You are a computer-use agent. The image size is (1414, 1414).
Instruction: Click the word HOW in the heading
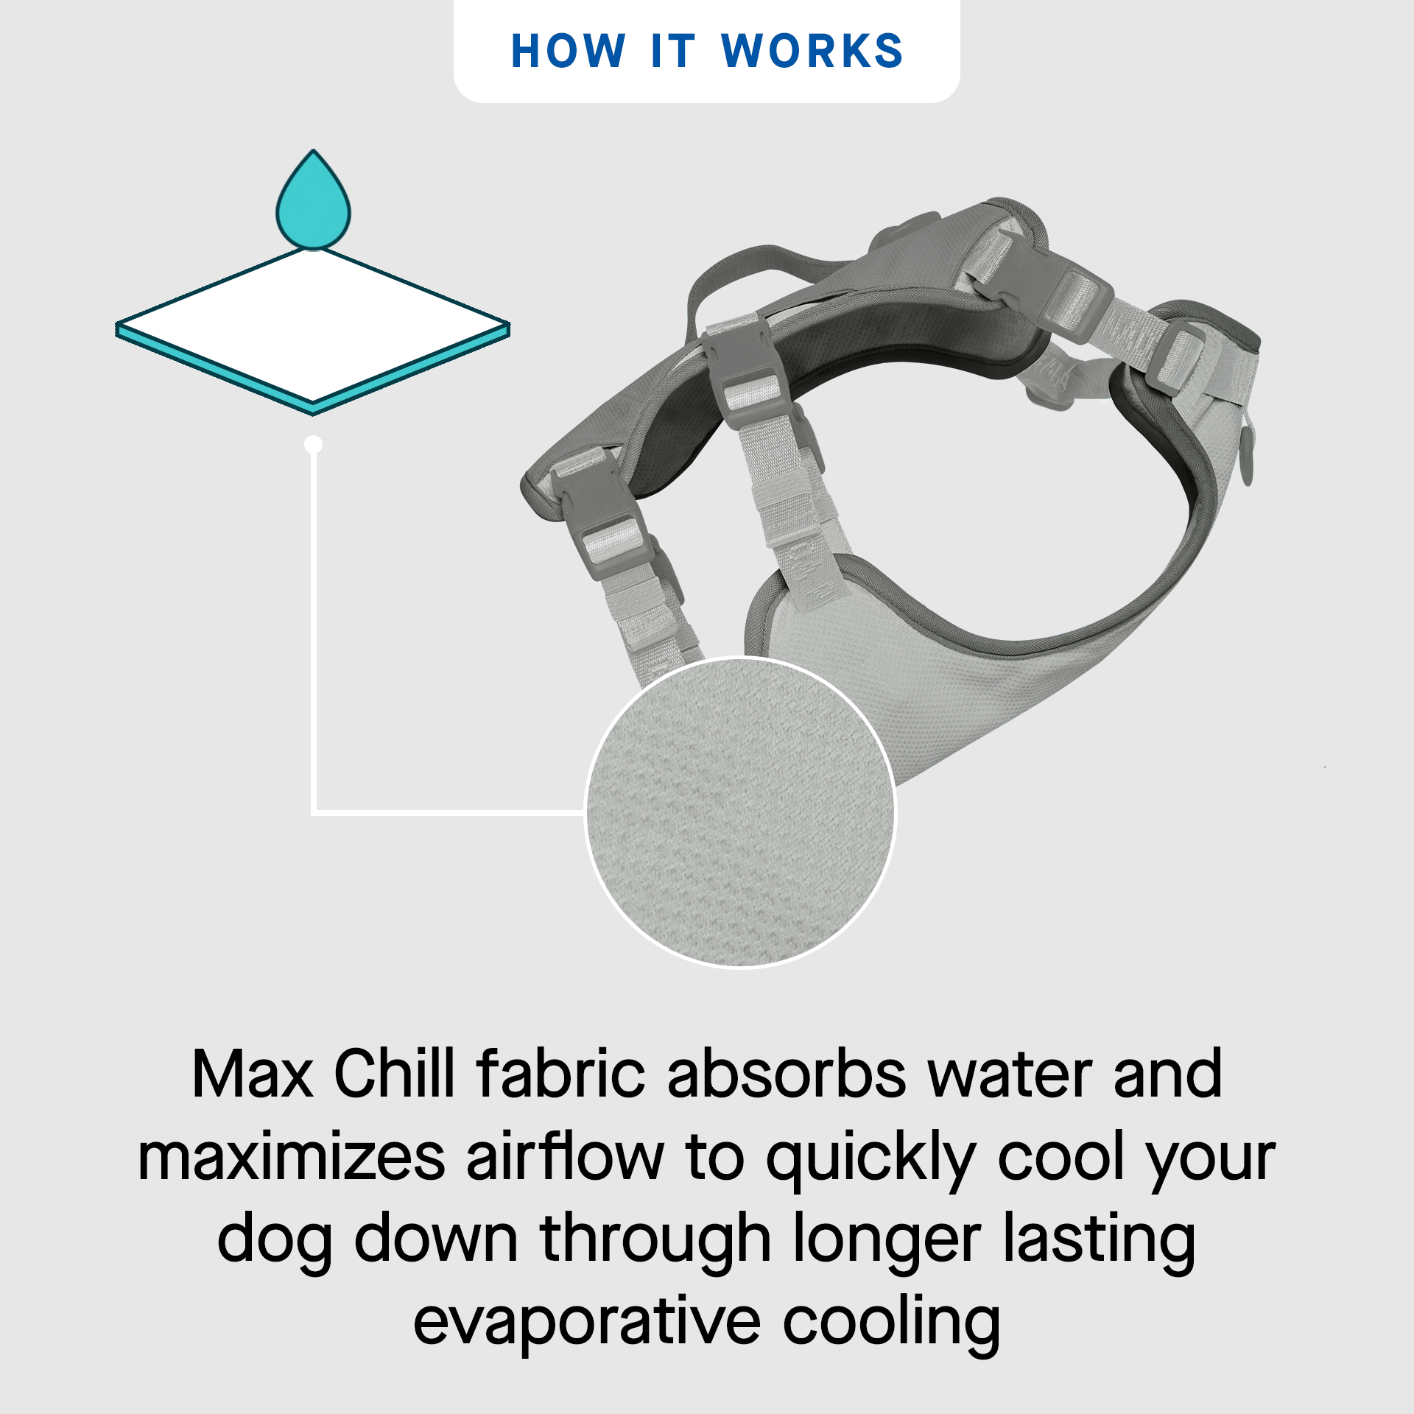568,52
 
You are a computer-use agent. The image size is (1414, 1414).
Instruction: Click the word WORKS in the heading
812,52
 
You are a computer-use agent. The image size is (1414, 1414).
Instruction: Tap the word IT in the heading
673,52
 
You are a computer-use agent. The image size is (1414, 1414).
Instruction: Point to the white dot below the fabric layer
314,444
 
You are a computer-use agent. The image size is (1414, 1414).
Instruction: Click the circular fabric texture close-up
741,813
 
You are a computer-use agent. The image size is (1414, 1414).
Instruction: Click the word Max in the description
253,1074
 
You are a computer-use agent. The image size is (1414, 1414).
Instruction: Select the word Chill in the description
395,1074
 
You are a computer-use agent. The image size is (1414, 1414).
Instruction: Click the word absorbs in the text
787,1074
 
